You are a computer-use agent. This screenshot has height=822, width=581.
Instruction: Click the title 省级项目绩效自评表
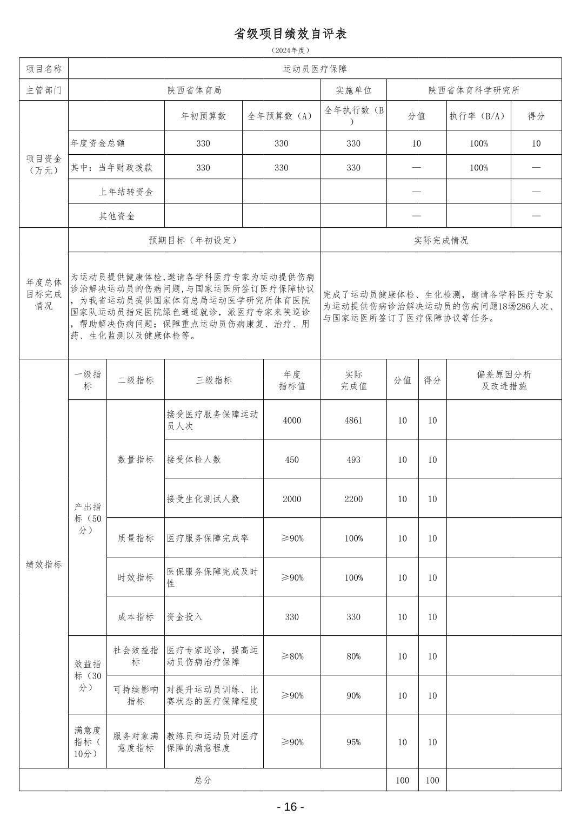point(290,34)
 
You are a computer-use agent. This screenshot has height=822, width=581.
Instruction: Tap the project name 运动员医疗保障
point(315,69)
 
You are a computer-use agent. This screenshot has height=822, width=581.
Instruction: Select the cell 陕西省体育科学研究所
point(474,90)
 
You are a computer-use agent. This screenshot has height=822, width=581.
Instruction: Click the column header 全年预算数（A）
point(281,116)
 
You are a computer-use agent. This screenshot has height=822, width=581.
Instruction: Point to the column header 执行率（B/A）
point(478,116)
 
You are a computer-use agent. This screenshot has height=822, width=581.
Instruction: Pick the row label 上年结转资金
point(126,192)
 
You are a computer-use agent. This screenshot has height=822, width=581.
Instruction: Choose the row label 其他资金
point(117,216)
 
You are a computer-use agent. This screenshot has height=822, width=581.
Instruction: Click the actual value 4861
point(353,420)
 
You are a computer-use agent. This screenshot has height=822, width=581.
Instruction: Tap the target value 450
point(292,459)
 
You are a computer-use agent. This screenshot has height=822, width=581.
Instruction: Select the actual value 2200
point(353,499)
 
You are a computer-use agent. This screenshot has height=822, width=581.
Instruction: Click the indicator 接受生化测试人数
point(203,499)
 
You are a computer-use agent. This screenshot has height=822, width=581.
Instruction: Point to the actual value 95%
point(353,742)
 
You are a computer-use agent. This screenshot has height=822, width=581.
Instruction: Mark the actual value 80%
point(353,656)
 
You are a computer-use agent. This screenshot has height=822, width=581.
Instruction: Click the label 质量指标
point(136,538)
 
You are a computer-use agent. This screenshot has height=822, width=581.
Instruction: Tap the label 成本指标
point(136,617)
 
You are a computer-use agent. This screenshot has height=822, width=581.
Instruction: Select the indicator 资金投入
point(185,617)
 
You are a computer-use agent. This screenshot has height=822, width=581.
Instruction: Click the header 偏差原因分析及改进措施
point(504,380)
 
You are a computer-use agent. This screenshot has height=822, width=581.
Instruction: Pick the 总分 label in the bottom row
point(203,780)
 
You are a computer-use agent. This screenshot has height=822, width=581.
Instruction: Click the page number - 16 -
point(290,807)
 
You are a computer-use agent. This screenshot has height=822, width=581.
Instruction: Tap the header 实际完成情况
point(441,240)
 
